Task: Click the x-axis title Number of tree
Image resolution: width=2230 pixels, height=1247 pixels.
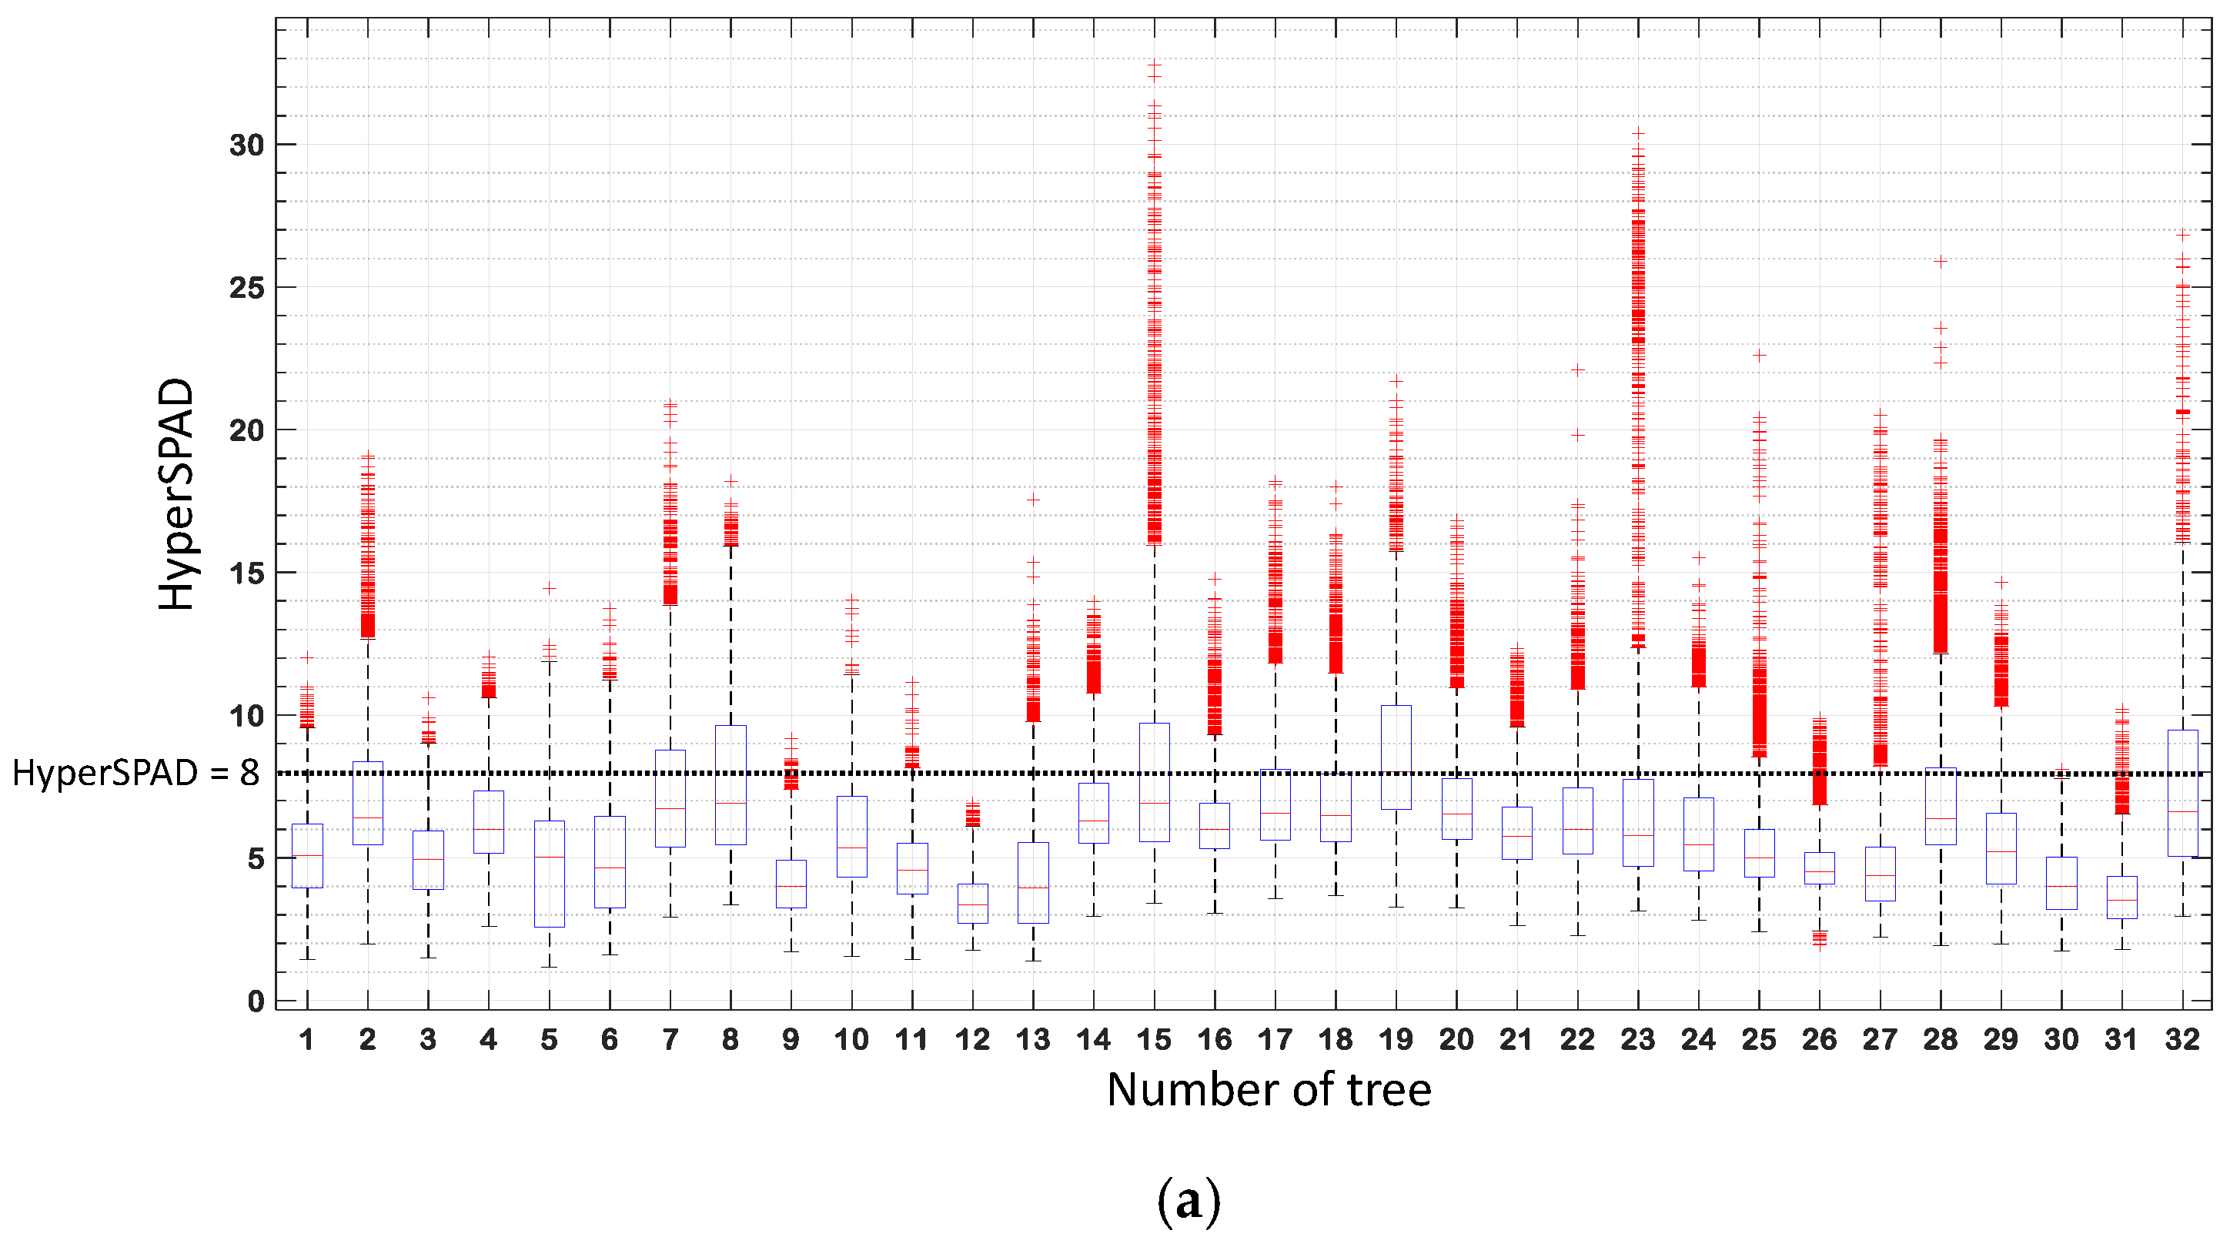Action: click(x=1269, y=1089)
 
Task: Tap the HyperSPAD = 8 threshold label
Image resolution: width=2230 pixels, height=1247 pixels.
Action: click(x=136, y=773)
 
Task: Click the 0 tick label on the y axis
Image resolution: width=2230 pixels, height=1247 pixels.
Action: click(x=256, y=1001)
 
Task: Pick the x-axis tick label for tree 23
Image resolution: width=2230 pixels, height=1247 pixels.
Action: click(x=1637, y=1039)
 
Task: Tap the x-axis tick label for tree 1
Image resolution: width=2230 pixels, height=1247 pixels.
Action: click(x=306, y=1039)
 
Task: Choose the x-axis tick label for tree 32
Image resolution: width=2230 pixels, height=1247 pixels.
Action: click(x=2182, y=1039)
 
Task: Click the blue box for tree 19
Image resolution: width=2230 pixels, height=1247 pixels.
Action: click(x=1396, y=757)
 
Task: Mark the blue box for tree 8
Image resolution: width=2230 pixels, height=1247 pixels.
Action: click(x=731, y=784)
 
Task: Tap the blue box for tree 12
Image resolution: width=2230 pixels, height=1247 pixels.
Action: click(x=973, y=903)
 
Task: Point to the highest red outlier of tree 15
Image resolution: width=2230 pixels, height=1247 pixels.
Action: click(x=1154, y=64)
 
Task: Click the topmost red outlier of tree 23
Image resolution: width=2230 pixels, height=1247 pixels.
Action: click(x=1638, y=132)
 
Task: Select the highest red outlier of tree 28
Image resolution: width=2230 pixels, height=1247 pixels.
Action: click(x=1940, y=261)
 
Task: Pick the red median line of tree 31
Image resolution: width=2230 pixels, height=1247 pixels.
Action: click(x=2121, y=900)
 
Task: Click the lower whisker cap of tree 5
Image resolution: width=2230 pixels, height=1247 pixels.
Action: click(x=549, y=967)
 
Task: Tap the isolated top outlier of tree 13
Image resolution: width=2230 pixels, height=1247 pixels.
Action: click(x=1033, y=499)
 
